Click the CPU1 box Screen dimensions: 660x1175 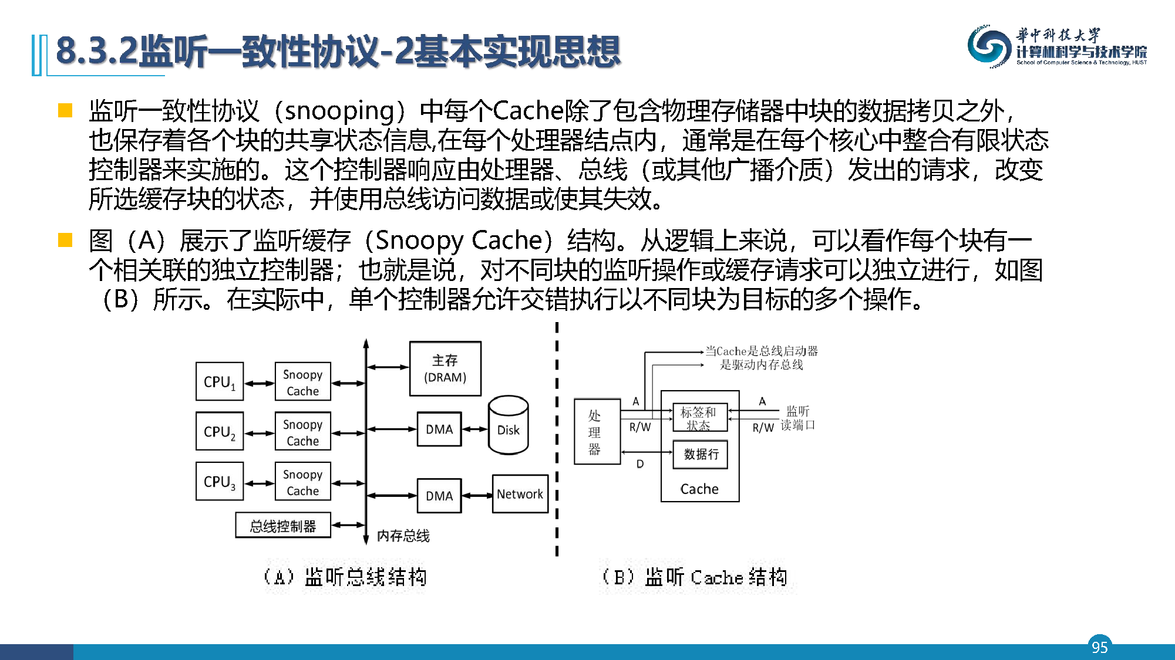coord(219,381)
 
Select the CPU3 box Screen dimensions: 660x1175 coord(219,481)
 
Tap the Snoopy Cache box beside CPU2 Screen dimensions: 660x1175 coord(302,432)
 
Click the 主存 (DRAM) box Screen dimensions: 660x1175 coord(445,368)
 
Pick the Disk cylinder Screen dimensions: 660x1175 coord(508,425)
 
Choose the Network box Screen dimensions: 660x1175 coord(520,494)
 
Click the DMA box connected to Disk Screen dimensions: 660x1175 coord(439,429)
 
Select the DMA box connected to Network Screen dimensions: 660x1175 coord(439,496)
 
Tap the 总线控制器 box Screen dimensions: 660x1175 coord(282,526)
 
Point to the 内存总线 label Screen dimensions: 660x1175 coord(403,536)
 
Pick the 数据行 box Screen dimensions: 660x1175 coord(701,454)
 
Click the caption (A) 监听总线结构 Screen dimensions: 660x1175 coord(345,577)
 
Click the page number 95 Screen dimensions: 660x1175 coord(1099,647)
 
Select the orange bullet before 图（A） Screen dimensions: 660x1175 coord(65,240)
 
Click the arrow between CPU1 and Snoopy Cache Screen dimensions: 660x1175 coord(259,384)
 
